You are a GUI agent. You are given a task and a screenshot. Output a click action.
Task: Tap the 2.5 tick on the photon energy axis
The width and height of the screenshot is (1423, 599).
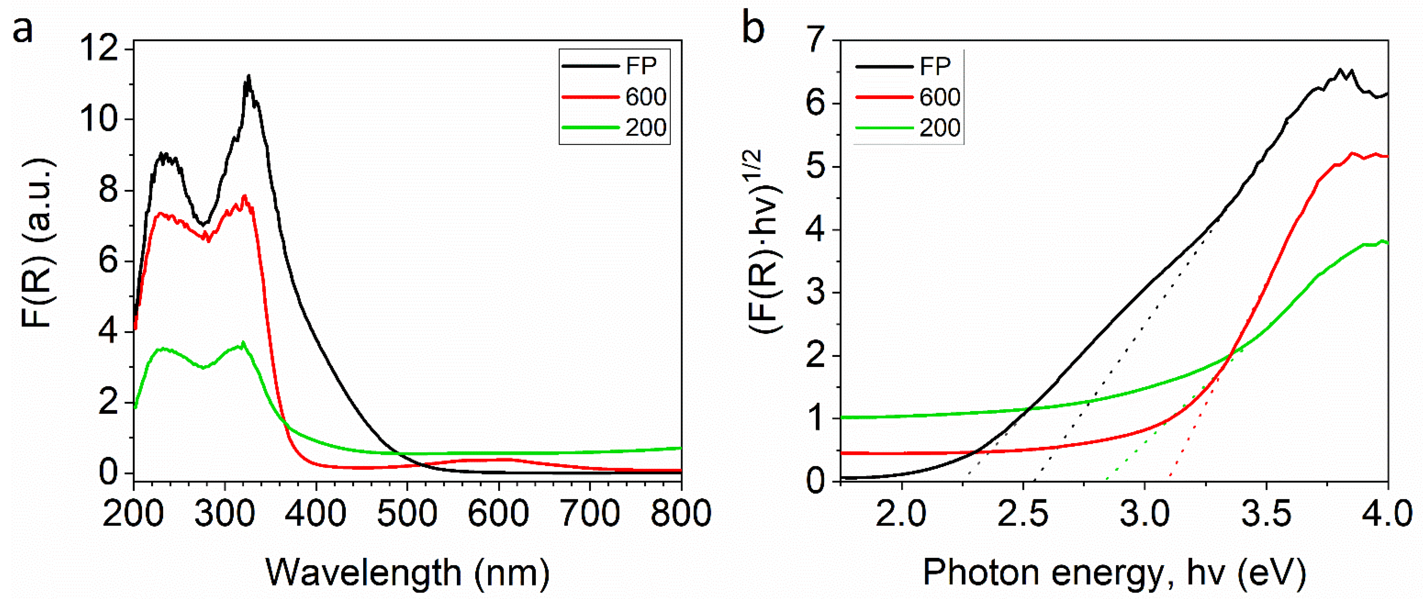pyautogui.click(x=1023, y=514)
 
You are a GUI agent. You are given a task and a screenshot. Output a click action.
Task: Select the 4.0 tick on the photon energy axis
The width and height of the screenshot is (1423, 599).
pyautogui.click(x=1387, y=514)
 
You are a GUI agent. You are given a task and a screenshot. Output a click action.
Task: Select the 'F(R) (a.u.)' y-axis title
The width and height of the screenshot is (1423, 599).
pyautogui.click(x=38, y=243)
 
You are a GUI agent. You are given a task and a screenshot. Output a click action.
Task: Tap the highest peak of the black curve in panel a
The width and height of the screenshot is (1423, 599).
pyautogui.click(x=248, y=76)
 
